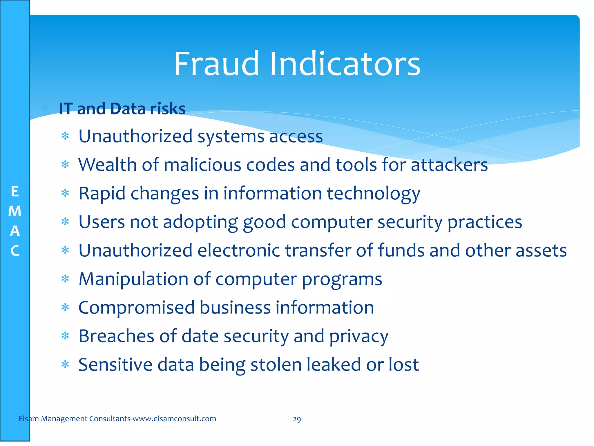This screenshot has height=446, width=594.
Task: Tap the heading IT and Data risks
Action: point(122,109)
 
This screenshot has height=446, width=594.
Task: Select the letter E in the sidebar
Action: point(15,192)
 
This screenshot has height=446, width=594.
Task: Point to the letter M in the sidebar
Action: point(15,211)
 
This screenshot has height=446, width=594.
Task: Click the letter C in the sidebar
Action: point(15,251)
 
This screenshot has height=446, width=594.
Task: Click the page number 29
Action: point(297,419)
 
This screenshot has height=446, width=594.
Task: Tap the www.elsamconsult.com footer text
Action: point(174,419)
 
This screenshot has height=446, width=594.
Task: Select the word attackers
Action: point(449,165)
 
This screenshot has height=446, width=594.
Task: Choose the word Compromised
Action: point(136,308)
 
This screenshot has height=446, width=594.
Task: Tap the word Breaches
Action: point(116,336)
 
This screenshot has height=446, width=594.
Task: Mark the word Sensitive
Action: point(115,364)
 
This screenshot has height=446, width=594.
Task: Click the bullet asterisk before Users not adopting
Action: point(65,222)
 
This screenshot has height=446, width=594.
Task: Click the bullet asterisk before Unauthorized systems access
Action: point(65,136)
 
